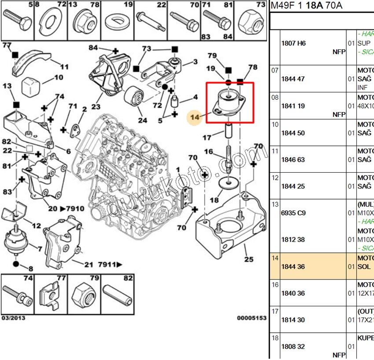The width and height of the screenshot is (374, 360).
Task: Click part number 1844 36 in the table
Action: coord(293,267)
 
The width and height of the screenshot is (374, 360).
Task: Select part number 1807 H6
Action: coord(293,44)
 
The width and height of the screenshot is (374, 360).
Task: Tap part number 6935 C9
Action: coord(293,213)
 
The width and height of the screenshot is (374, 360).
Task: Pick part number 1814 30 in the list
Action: coord(293,320)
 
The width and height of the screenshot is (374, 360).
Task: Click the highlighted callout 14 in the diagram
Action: coord(194,117)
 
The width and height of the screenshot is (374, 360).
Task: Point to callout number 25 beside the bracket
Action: coord(249,259)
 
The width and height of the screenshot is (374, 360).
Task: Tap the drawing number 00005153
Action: coord(252,317)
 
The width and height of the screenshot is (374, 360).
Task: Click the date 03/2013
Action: coord(13,317)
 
